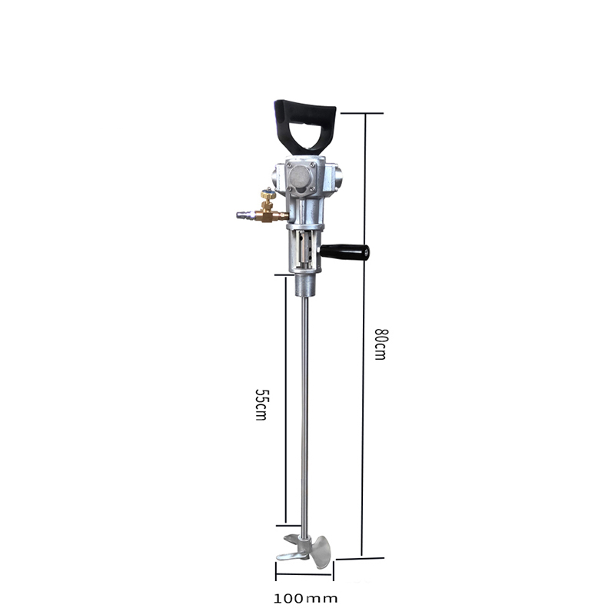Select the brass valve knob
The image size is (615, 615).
pyautogui.click(x=267, y=195)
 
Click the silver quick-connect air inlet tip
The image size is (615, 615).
pyautogui.click(x=242, y=217)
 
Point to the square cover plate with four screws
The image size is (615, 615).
pyautogui.click(x=300, y=178)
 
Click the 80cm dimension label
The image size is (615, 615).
pyautogui.click(x=379, y=344)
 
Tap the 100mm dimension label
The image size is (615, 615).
pyautogui.click(x=305, y=598)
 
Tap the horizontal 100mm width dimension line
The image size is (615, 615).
pyautogui.click(x=305, y=572)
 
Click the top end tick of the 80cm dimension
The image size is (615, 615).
pyautogui.click(x=361, y=113)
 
